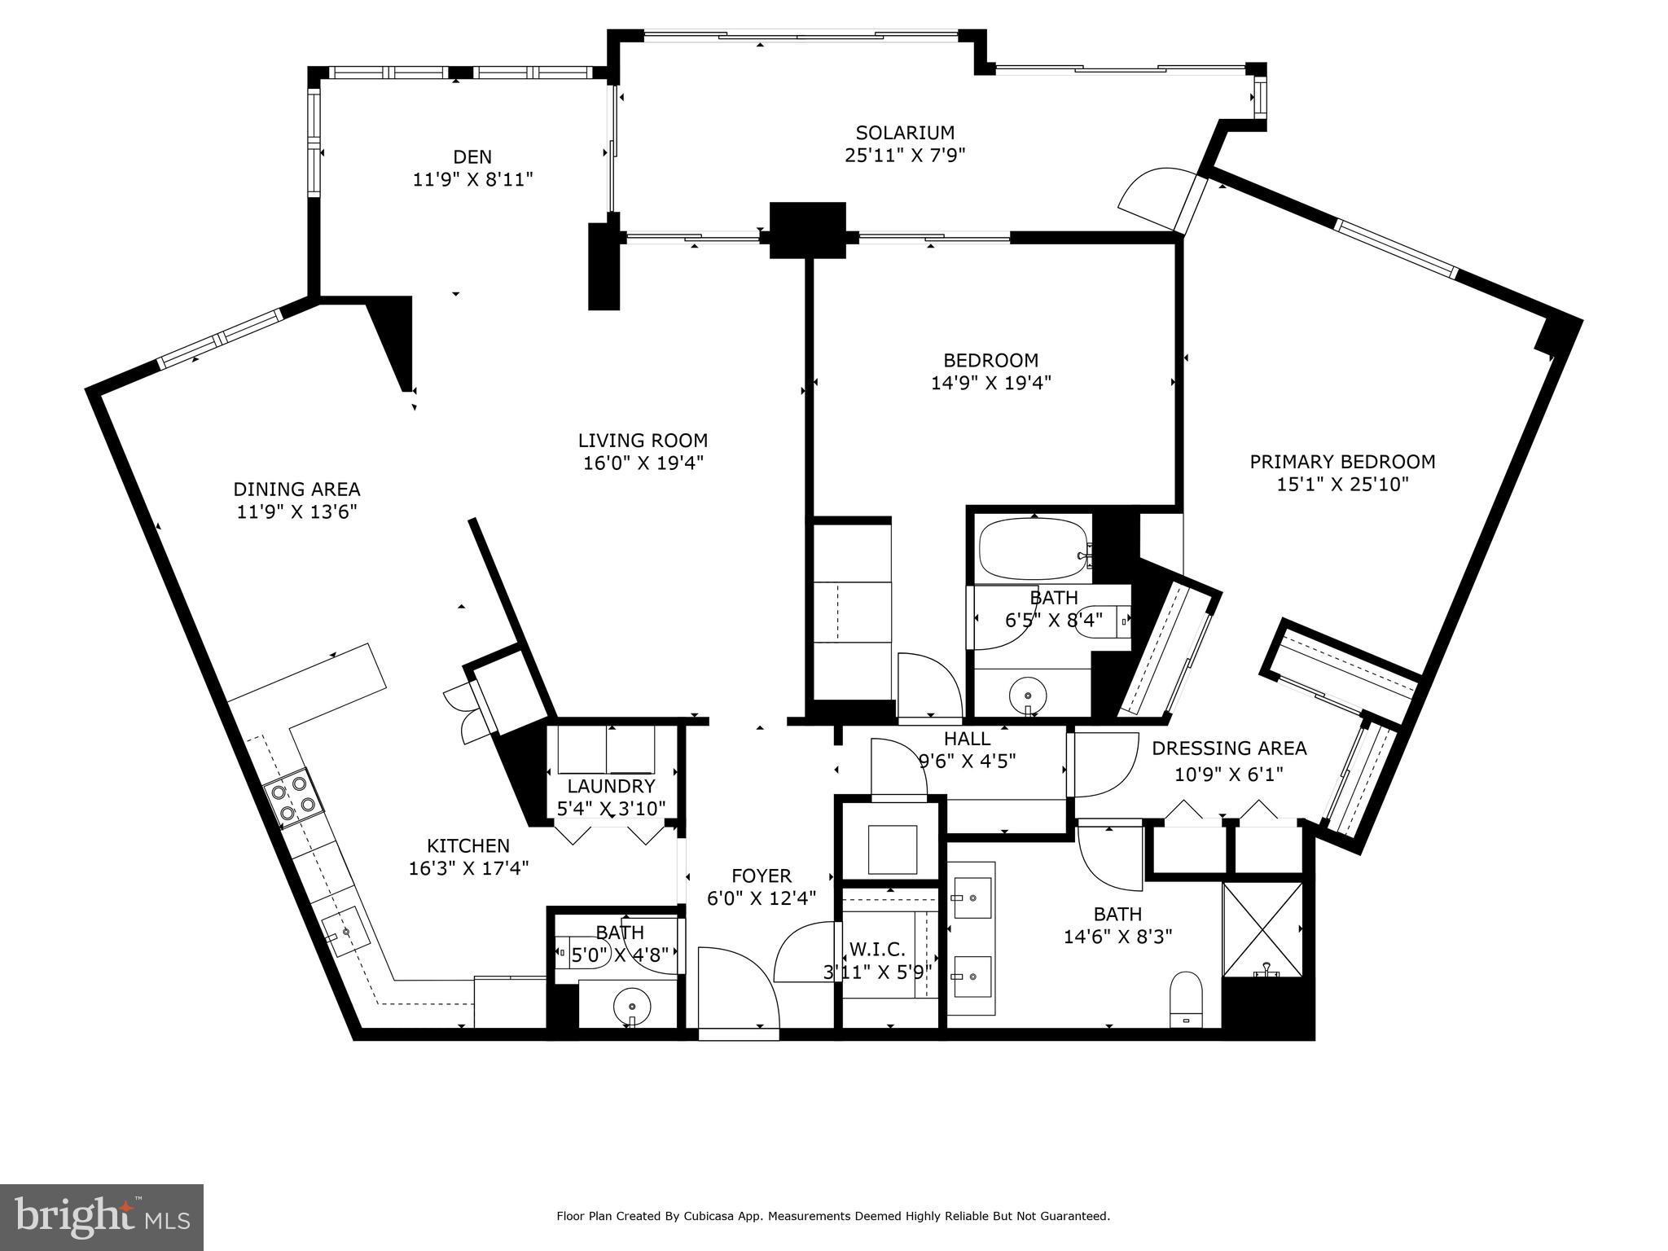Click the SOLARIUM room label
pos(904,132)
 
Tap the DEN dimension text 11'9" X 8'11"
pos(472,179)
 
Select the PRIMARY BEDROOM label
pos(1342,462)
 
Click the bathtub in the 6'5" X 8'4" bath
pos(1033,550)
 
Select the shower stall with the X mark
pos(1262,929)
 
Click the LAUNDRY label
pos(611,786)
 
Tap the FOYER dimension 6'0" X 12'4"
pos(762,898)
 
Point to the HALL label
pos(967,739)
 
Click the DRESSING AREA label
pos(1229,748)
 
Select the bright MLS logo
pos(102,1217)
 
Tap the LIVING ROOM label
pos(643,441)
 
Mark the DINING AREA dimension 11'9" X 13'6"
pos(296,512)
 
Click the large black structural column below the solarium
pos(808,230)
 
